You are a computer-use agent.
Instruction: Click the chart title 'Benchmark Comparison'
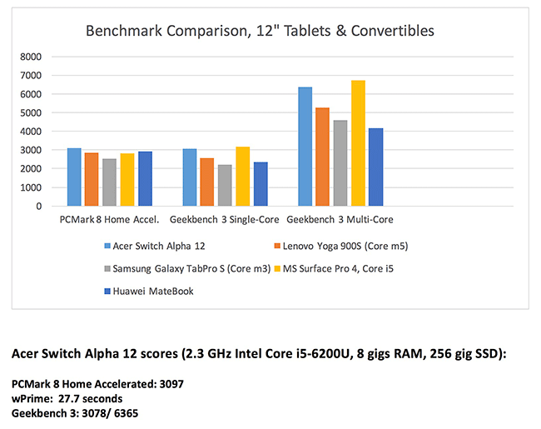[260, 32]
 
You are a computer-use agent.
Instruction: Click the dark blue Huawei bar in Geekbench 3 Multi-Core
[375, 167]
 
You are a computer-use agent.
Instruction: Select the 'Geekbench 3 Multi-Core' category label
[340, 220]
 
